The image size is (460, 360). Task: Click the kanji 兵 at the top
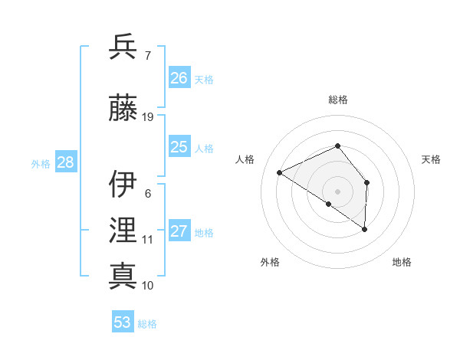(123, 47)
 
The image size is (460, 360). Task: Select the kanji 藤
(123, 108)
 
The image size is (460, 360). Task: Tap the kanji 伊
(123, 185)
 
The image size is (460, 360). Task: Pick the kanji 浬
(123, 231)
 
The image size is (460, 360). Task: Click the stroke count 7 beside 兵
(148, 55)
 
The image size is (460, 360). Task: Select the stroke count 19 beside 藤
(148, 116)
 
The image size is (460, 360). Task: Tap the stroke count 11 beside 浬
(148, 239)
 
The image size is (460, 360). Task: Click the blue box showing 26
(179, 78)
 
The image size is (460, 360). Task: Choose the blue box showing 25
(179, 147)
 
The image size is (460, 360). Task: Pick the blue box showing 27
(179, 231)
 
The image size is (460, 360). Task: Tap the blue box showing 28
(65, 162)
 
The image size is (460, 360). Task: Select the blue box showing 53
(123, 322)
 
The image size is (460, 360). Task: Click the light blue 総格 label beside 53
(147, 324)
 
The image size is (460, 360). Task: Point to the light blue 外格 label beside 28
(41, 163)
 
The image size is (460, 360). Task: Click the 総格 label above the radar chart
(337, 100)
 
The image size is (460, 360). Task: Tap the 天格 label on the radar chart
(431, 159)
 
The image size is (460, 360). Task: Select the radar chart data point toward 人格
(280, 172)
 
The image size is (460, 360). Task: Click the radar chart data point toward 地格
(365, 229)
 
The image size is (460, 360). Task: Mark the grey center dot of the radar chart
(337, 191)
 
